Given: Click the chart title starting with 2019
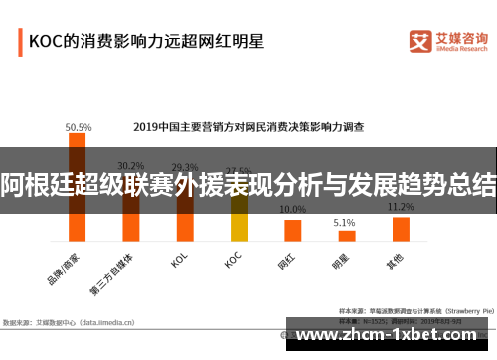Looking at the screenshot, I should tap(248, 127).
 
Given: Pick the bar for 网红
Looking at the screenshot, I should tap(292, 230).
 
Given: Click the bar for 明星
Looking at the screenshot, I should tap(346, 235).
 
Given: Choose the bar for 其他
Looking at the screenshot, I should tap(400, 229).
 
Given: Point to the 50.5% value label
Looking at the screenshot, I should tap(78, 127).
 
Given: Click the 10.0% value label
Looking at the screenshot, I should tap(292, 210).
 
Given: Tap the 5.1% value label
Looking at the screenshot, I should tap(344, 223).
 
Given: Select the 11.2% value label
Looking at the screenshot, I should tap(400, 208).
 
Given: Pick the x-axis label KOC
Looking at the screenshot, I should tap(233, 260).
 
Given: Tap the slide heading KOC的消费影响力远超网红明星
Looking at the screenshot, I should tap(145, 42).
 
